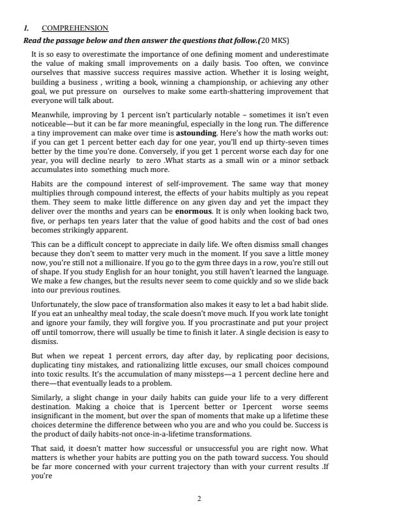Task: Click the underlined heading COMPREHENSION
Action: [x=75, y=29]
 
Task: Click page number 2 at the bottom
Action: [x=199, y=498]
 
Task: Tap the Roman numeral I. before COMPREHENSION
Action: [x=25, y=29]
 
